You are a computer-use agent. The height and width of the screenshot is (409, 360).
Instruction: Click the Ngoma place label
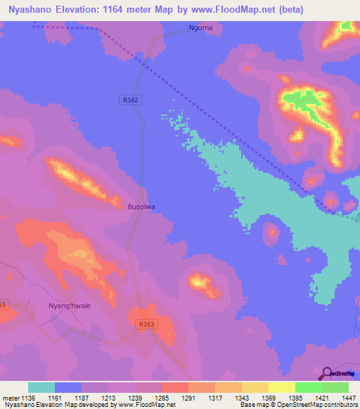point(200,30)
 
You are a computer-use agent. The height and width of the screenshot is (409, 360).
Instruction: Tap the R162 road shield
point(130,100)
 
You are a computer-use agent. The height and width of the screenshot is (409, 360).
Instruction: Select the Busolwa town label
point(141,207)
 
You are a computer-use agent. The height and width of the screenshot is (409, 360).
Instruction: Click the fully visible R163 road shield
point(146,324)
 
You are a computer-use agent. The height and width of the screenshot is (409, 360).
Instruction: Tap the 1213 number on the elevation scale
point(108,397)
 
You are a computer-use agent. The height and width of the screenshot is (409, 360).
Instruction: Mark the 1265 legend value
point(161,397)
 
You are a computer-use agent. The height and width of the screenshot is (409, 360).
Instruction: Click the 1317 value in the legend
point(214,397)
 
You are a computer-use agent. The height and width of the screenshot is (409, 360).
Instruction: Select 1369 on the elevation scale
point(268,397)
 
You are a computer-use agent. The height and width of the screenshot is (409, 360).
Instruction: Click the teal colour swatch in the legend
point(41,387)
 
